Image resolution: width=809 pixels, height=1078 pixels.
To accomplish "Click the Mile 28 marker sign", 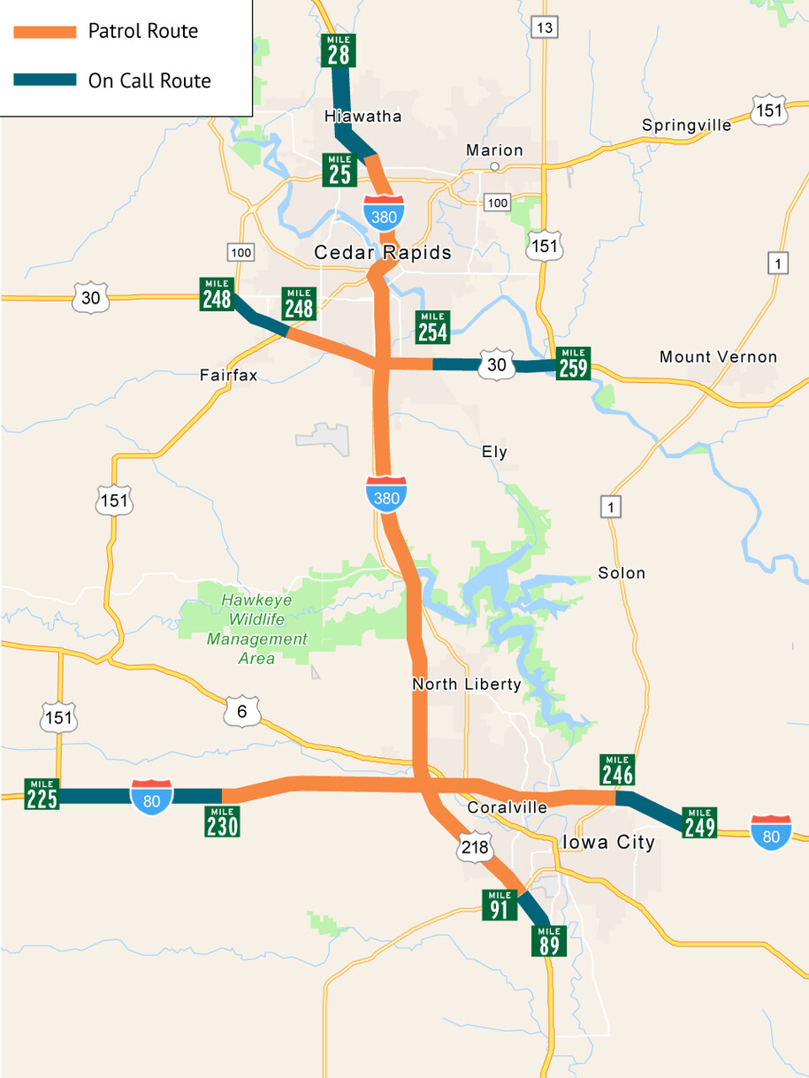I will point(339,50).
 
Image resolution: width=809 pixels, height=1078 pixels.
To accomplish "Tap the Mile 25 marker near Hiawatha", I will point(340,170).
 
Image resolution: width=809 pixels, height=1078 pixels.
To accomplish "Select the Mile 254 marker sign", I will point(432,327).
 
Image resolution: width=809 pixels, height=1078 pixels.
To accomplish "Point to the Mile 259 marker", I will point(574,363).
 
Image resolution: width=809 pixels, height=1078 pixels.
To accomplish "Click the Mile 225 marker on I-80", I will point(42,794).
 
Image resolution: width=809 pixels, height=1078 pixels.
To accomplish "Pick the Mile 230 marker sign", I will point(222,822).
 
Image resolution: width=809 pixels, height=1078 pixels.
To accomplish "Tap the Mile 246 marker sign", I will point(617,770).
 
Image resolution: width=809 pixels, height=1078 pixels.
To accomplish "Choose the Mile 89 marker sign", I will point(549,941).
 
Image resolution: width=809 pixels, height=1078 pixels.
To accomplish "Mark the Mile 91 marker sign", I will point(500,905).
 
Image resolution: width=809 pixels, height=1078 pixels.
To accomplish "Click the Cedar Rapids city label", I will point(383,253).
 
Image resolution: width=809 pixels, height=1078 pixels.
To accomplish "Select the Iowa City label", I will point(608,842).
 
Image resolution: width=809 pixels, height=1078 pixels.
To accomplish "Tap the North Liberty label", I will point(466,684).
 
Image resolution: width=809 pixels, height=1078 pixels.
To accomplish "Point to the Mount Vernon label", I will point(718,357).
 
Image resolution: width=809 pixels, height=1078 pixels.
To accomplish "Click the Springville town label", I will point(687,126).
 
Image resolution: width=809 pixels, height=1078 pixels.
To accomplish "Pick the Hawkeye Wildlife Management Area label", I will point(256,629).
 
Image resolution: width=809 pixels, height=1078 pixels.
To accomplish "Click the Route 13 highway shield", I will point(545,28).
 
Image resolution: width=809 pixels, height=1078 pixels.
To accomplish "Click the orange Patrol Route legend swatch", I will point(45,32).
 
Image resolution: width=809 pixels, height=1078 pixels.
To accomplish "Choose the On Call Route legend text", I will point(149,81).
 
